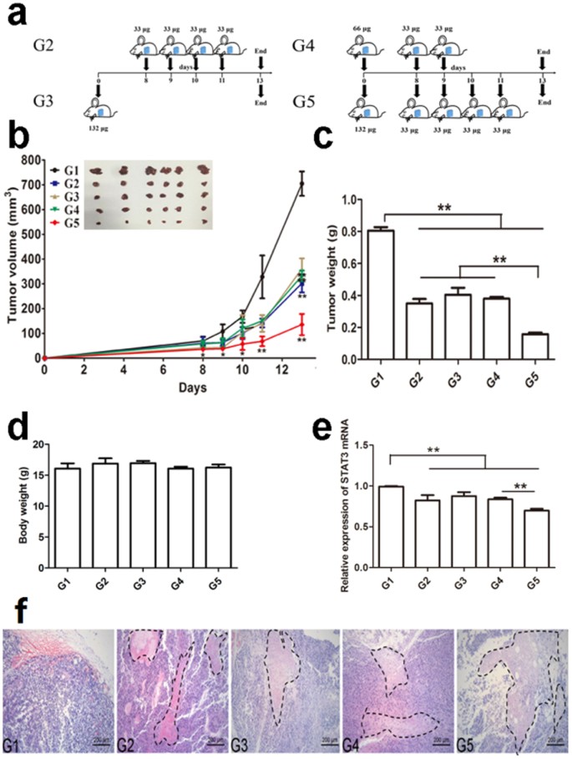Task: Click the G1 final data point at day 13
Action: point(300,184)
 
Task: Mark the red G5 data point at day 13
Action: point(300,324)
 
